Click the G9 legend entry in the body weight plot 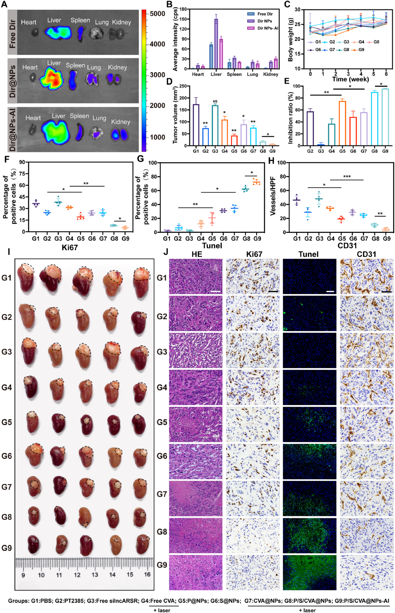tap(361, 50)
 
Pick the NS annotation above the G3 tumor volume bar tap(215, 101)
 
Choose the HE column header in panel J tap(197, 254)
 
